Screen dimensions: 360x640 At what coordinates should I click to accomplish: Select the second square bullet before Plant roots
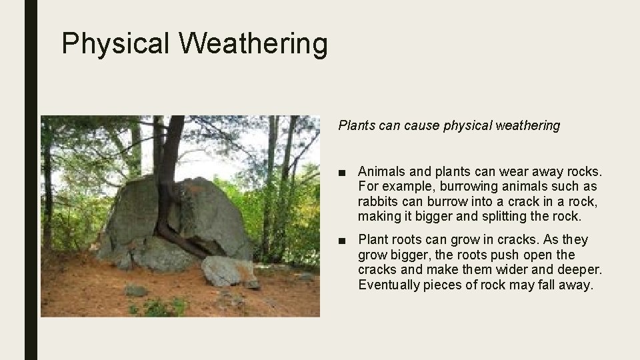coord(341,239)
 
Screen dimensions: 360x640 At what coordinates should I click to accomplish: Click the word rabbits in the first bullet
coord(377,201)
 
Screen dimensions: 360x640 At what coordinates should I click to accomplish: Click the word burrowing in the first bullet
coord(452,187)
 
